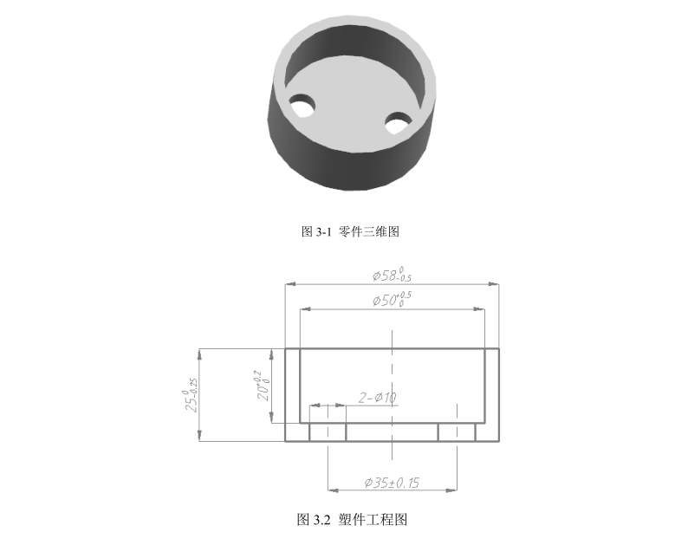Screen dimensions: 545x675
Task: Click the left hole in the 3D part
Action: [302, 106]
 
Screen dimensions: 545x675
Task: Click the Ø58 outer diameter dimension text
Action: [392, 275]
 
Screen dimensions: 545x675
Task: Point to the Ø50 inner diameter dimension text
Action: [392, 300]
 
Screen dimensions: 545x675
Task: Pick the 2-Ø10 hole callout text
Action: [377, 398]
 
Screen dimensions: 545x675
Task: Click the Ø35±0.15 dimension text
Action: [392, 482]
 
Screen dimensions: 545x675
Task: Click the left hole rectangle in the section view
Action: [328, 431]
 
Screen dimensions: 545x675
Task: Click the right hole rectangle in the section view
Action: [457, 431]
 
